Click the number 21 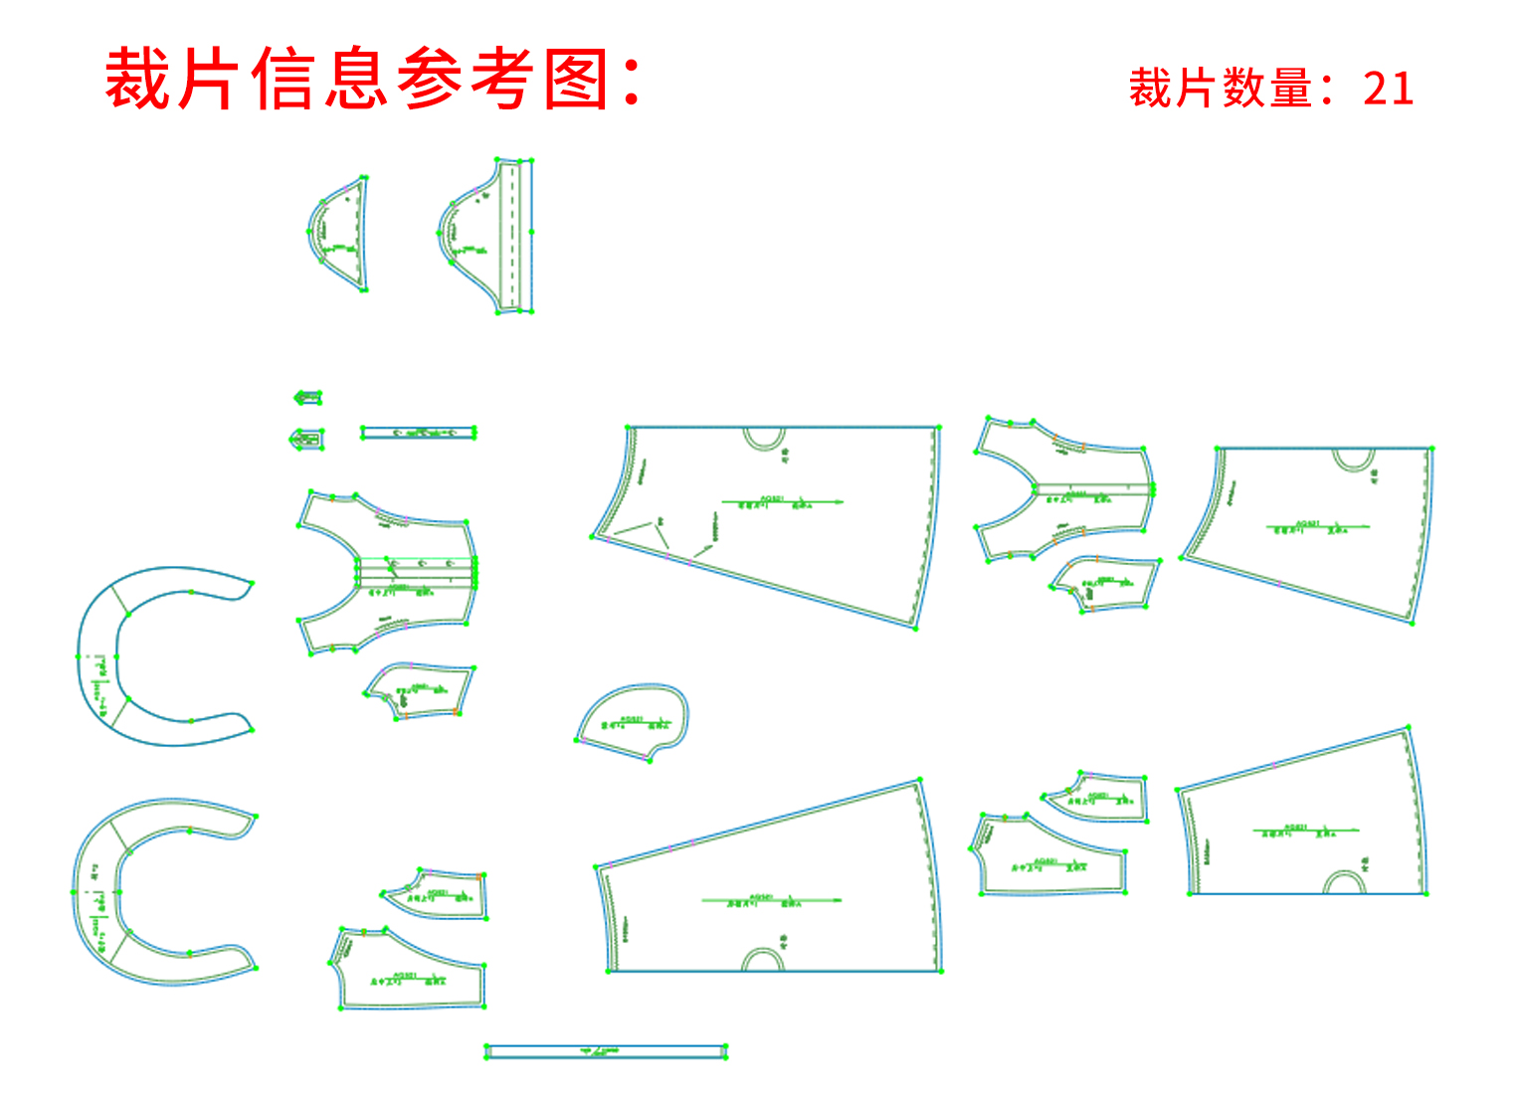click(x=1388, y=89)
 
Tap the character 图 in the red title click(x=578, y=80)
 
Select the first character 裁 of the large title click(x=139, y=80)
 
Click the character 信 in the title click(x=284, y=80)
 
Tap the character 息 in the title click(x=356, y=80)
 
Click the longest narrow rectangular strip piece click(x=606, y=1051)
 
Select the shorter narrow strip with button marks click(x=418, y=433)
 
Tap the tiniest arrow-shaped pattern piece click(x=307, y=398)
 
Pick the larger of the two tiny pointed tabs click(x=306, y=439)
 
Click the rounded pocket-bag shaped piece click(x=633, y=721)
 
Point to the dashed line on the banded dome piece click(x=512, y=236)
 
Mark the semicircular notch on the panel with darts click(x=764, y=439)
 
